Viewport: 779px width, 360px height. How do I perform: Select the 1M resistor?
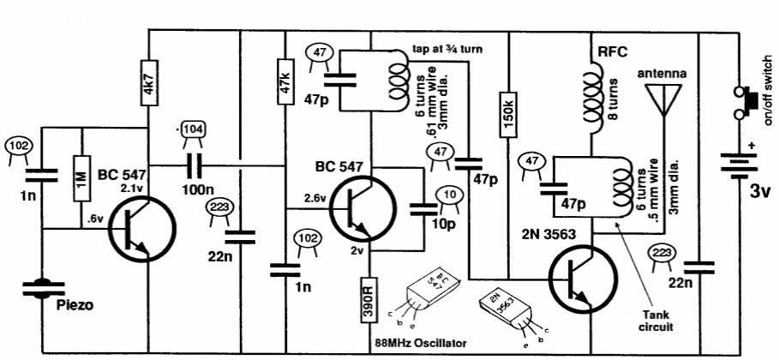(x=81, y=178)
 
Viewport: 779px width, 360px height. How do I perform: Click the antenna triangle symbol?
(x=660, y=101)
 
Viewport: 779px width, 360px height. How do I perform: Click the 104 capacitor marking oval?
(x=194, y=129)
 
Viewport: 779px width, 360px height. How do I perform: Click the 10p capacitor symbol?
(x=422, y=209)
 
